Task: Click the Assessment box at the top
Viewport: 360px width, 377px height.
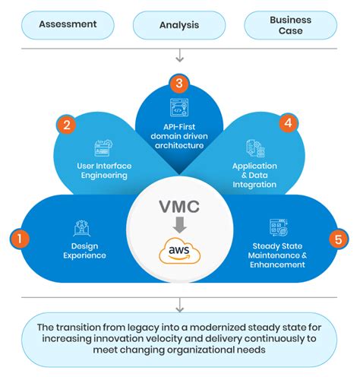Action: (x=68, y=24)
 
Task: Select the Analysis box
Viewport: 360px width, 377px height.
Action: (x=179, y=25)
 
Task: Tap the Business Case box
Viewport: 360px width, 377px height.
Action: (x=291, y=25)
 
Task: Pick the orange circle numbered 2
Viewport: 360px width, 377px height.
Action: (x=67, y=125)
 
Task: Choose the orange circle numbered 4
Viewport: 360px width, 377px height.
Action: (x=287, y=123)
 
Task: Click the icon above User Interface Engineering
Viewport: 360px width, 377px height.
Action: (x=103, y=147)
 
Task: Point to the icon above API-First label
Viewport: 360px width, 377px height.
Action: (x=180, y=106)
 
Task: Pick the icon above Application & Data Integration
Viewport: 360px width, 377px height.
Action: (x=255, y=148)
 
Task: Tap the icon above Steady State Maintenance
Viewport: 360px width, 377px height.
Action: (x=278, y=227)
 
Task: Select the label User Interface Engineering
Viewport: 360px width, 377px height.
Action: (x=102, y=169)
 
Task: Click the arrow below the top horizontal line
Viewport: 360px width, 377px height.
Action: (x=179, y=55)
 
